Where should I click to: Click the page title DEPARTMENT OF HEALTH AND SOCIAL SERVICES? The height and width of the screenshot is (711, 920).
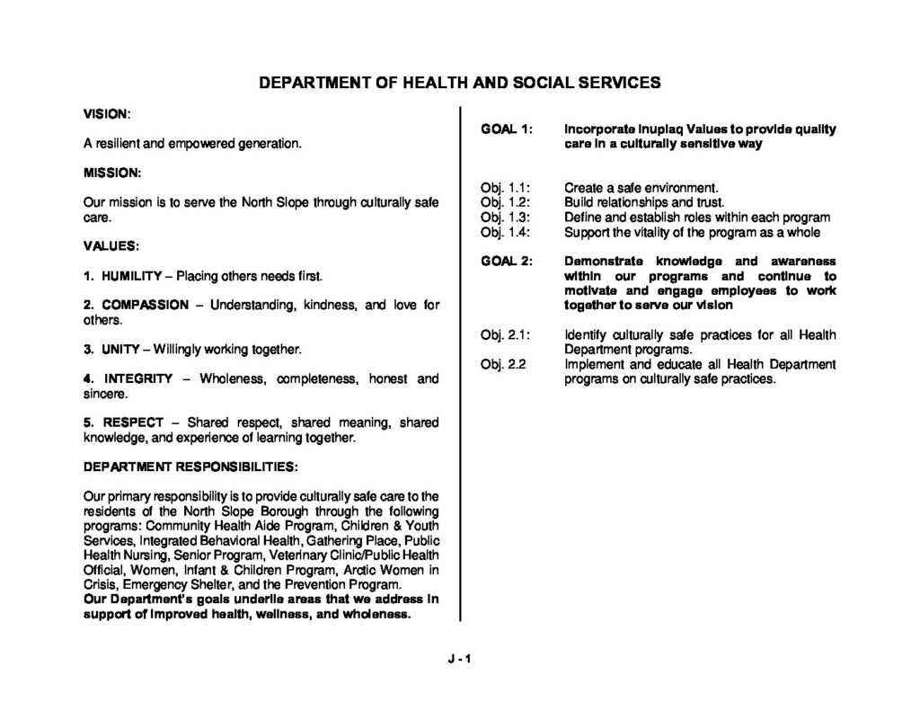click(460, 83)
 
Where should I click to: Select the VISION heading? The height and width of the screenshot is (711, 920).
click(107, 114)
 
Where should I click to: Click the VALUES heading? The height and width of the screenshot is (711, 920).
click(111, 244)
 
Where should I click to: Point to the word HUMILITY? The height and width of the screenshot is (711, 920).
click(131, 274)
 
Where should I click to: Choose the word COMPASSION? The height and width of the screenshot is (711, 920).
click(146, 305)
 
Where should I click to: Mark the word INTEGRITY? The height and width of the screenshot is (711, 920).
click(138, 378)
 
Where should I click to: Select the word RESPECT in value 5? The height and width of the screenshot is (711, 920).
click(133, 422)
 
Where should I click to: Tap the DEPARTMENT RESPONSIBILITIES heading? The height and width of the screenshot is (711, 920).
click(190, 467)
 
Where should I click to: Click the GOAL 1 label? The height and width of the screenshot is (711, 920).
click(508, 129)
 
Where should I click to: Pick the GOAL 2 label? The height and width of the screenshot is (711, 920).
click(508, 262)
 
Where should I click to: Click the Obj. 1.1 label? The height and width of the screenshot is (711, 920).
click(506, 189)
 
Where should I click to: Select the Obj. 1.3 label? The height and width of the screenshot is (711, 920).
click(506, 218)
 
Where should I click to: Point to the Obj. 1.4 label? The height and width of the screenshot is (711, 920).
click(506, 232)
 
